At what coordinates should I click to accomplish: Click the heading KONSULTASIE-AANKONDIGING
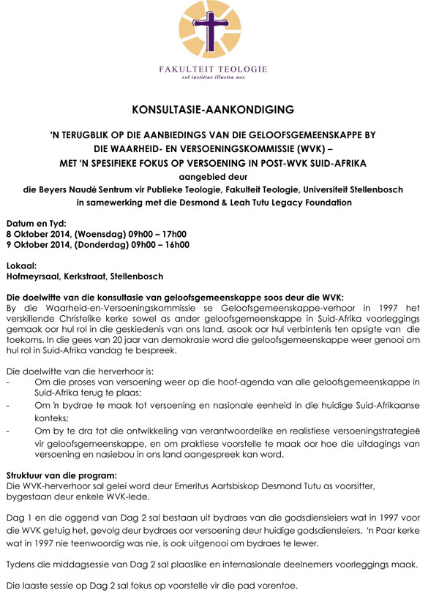(213, 110)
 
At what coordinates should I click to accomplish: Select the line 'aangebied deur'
(212, 176)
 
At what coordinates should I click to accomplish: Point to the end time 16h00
(176, 245)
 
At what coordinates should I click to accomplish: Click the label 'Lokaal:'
(24, 265)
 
